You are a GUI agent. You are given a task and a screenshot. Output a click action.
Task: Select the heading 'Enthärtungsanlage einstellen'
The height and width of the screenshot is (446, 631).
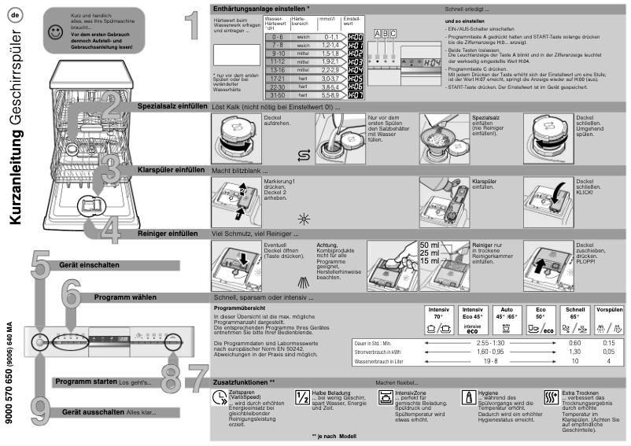coord(261,7)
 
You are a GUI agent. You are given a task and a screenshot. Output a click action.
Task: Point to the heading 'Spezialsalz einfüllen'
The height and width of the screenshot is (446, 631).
coord(171,105)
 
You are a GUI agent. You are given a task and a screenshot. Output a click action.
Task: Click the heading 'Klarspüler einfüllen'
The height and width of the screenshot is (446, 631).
coord(172,169)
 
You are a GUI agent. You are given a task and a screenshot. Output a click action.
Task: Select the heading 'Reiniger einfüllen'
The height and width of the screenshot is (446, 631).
coord(168,234)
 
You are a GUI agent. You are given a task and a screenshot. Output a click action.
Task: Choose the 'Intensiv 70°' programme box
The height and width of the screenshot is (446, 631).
coord(438,318)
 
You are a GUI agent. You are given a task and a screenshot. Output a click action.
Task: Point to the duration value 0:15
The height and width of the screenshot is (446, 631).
coord(608,344)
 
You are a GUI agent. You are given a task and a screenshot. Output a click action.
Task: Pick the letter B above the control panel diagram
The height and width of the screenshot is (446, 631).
coord(385,32)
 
